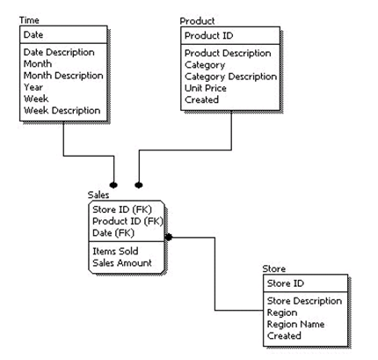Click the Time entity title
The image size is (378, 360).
(29, 20)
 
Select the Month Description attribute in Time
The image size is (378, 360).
(63, 76)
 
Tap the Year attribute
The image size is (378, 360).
(33, 87)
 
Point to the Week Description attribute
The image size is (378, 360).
(62, 110)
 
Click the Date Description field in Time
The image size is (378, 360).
(59, 52)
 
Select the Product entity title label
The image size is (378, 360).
(197, 21)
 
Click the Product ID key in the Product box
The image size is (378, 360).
(209, 35)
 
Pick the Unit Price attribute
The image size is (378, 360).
(206, 88)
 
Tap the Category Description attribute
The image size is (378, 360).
(230, 77)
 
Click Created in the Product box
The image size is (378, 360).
(201, 99)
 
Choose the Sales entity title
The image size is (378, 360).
(98, 195)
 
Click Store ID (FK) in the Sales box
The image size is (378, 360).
(122, 209)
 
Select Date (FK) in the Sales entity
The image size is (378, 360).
(113, 232)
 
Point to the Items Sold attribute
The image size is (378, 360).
(115, 251)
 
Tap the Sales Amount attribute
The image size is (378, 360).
(122, 262)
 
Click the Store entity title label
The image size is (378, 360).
(274, 268)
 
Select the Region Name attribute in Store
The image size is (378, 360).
(295, 324)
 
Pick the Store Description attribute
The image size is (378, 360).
(304, 301)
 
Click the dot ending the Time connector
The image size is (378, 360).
(113, 185)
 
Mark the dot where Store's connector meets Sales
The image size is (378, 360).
(169, 237)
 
